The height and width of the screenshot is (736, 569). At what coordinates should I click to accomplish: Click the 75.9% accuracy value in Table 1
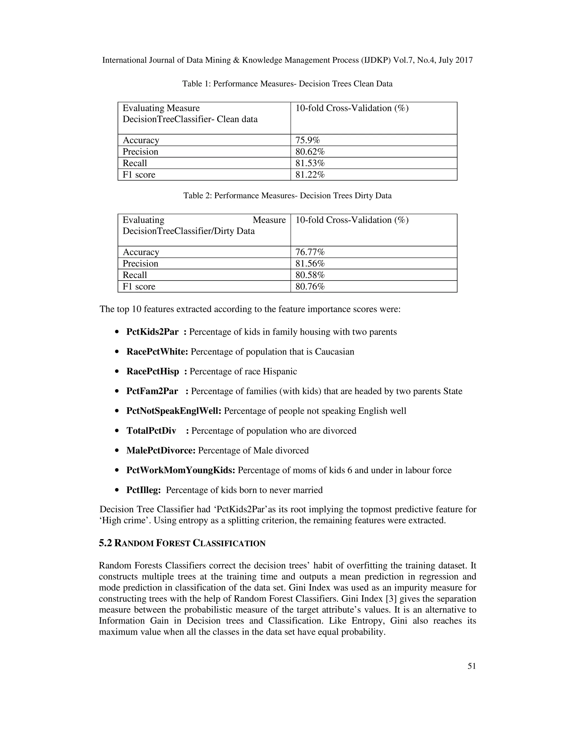coord(308,140)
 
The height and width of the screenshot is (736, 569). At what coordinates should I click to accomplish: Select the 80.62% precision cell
coord(310,152)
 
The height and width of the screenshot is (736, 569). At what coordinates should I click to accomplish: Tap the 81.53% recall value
coord(310,163)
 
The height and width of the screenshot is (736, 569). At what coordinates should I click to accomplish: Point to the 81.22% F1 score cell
coord(310,175)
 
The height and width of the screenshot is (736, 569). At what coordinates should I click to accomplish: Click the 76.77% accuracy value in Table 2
coord(310,252)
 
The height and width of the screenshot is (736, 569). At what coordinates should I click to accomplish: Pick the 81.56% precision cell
coord(310,264)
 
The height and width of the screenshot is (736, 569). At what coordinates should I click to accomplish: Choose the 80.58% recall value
coord(310,275)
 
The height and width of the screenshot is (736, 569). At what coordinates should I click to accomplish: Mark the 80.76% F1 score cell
coord(310,286)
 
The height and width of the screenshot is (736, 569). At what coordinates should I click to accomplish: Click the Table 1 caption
coord(287,84)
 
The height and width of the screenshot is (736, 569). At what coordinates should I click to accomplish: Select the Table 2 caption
coord(287,196)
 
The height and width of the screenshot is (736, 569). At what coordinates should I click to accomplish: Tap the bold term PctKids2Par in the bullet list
coord(152,332)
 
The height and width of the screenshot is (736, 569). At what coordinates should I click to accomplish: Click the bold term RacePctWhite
coord(157,352)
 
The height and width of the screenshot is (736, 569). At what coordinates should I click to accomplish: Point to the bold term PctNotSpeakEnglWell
coord(174,411)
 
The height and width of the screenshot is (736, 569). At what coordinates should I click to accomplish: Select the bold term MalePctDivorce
coord(161,450)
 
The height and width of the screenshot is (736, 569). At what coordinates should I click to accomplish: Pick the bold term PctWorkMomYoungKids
coord(181,470)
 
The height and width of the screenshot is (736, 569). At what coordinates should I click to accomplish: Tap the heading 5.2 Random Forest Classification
coord(182,543)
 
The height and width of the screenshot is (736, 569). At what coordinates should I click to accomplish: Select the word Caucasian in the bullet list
coord(335,352)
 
